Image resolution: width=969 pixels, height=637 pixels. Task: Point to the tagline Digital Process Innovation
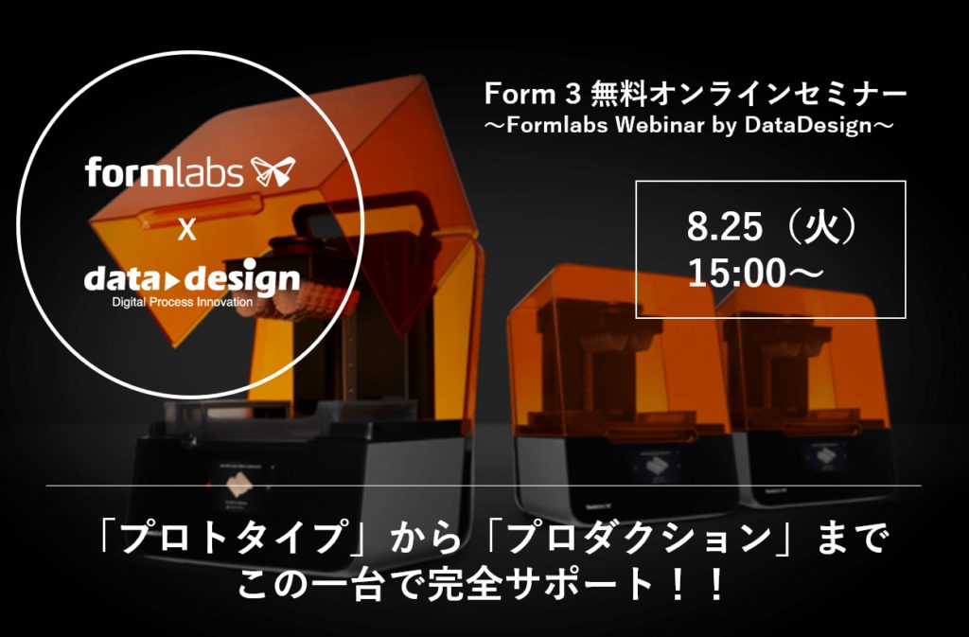183,303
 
